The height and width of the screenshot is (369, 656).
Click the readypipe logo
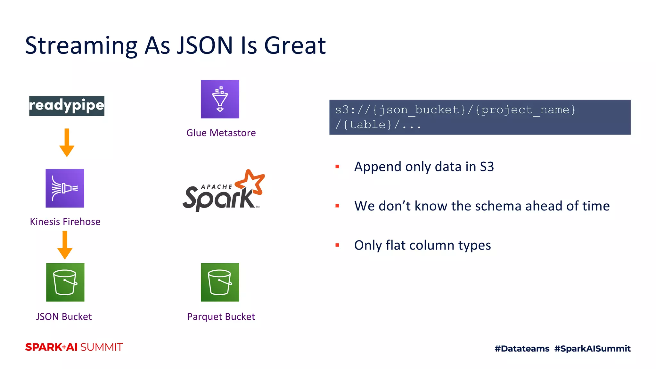(x=67, y=106)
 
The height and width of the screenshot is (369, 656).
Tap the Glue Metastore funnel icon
(x=220, y=99)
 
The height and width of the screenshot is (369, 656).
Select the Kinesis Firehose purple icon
(x=65, y=188)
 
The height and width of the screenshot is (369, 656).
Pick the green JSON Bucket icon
(x=65, y=282)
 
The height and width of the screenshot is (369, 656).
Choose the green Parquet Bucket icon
(x=220, y=282)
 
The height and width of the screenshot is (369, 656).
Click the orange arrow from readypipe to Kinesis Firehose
(x=67, y=143)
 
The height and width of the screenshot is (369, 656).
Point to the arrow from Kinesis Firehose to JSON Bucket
(x=65, y=245)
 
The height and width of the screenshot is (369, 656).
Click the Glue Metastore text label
(x=221, y=133)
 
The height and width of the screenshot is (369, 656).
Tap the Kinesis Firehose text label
(x=65, y=222)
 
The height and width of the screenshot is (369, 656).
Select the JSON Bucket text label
(x=64, y=317)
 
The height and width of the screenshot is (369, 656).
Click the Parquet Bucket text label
(x=221, y=317)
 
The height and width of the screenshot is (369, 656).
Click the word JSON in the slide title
(x=205, y=45)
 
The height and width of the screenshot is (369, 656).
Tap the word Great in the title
(x=295, y=45)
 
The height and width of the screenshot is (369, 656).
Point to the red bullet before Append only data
(x=337, y=167)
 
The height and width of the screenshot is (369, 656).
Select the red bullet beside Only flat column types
(x=337, y=245)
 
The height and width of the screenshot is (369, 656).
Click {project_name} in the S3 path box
(x=525, y=110)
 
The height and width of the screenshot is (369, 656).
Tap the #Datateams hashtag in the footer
(x=522, y=348)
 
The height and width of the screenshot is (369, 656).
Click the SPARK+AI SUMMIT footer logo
(x=74, y=347)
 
